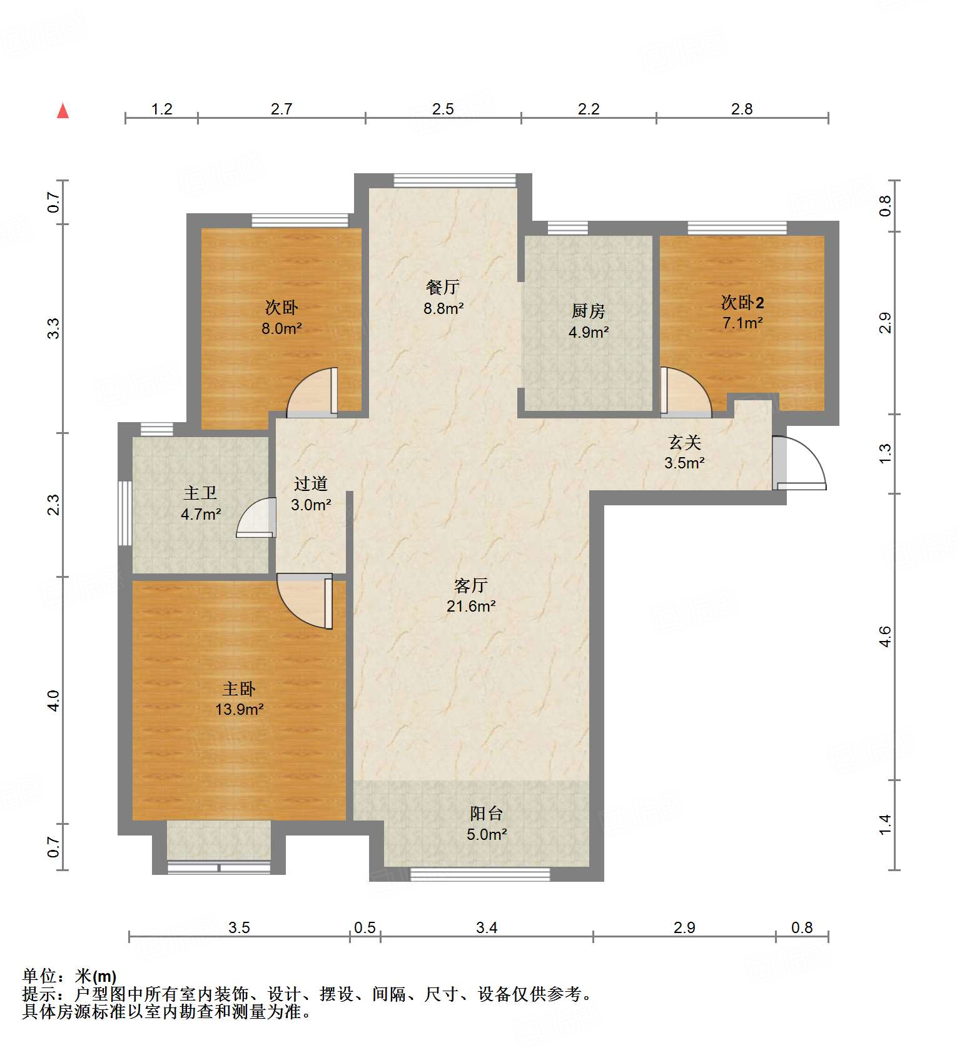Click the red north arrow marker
pyautogui.click(x=63, y=111)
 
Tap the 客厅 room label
pyautogui.click(x=470, y=585)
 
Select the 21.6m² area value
pyautogui.click(x=470, y=606)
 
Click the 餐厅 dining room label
pyautogui.click(x=443, y=287)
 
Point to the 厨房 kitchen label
pyautogui.click(x=588, y=311)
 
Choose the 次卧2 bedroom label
pyautogui.click(x=742, y=303)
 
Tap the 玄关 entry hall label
pyautogui.click(x=684, y=443)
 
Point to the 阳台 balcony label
pyautogui.click(x=486, y=814)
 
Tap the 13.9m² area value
pyautogui.click(x=239, y=710)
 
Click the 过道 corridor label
pyautogui.click(x=310, y=483)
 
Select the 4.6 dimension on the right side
pyautogui.click(x=885, y=637)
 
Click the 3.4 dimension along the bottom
pyautogui.click(x=486, y=927)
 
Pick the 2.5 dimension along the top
pyautogui.click(x=443, y=109)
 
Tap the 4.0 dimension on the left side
pyautogui.click(x=54, y=700)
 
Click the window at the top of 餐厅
pyautogui.click(x=455, y=181)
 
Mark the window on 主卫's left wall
pyautogui.click(x=125, y=513)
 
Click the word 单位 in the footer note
pyautogui.click(x=40, y=976)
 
